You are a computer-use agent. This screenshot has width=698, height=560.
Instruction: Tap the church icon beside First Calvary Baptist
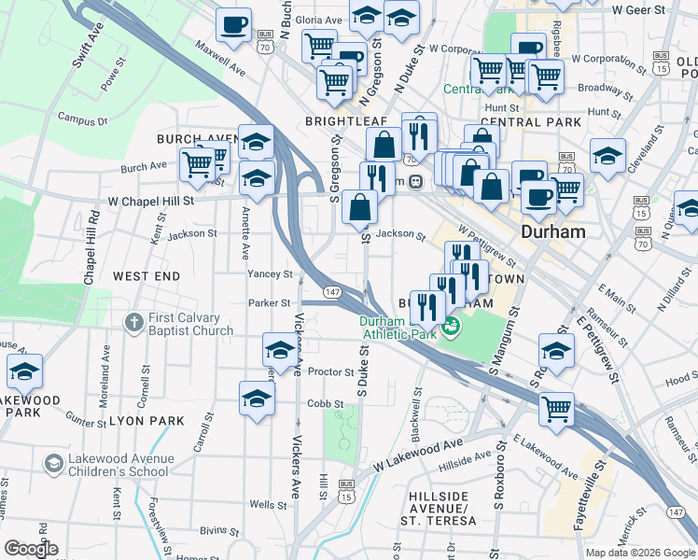(x=133, y=321)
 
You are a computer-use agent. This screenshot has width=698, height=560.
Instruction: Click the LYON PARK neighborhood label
(x=147, y=421)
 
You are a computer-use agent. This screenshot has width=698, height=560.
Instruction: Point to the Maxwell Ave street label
(x=220, y=57)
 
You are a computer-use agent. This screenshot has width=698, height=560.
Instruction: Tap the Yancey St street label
(x=270, y=274)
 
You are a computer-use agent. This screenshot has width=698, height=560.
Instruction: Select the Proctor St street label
(x=330, y=371)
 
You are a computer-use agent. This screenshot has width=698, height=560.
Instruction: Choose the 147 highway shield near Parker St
(x=331, y=293)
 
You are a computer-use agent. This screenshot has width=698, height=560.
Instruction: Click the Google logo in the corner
(x=31, y=549)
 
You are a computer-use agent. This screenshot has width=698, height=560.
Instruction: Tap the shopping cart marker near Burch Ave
(x=197, y=165)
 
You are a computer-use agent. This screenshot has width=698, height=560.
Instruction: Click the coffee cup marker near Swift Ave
(x=233, y=23)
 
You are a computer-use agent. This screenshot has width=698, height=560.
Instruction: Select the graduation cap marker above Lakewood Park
(x=25, y=371)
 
